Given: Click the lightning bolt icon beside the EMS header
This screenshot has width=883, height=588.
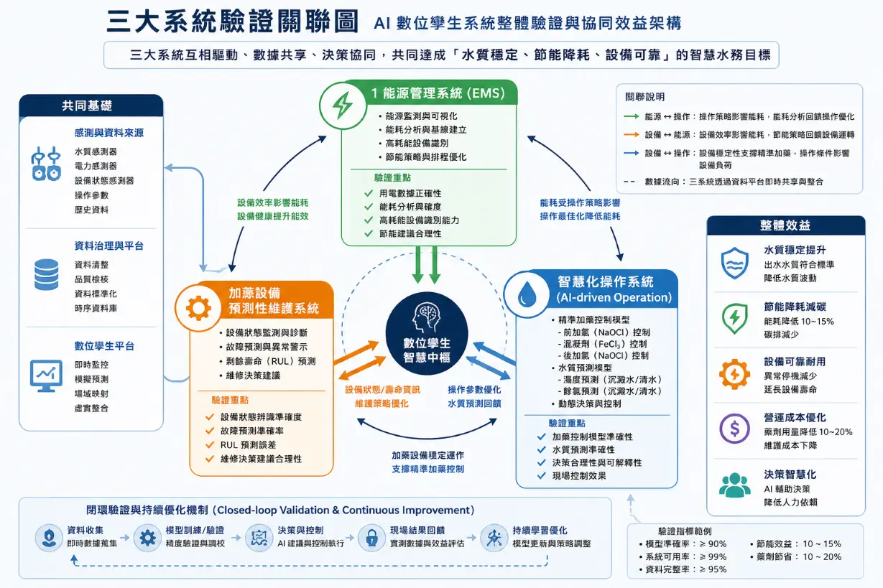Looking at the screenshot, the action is pos(343,105).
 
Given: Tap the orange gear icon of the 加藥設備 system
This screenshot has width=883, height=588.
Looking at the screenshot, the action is pos(198,308).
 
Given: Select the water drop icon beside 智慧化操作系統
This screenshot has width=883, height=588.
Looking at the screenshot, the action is pos(527,294).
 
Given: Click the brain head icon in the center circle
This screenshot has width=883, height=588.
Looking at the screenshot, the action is pos(427,317).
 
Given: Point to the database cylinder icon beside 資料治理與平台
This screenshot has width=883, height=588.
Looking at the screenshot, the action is pos(47,274).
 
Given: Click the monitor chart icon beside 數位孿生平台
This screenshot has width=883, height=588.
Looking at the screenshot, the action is pos(46,375).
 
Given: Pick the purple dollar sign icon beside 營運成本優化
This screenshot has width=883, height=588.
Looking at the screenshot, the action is pos(734,429).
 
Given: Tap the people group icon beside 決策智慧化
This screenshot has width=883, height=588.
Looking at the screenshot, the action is pos(734,485).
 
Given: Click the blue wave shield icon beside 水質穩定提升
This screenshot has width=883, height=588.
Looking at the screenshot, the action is pos(734,263).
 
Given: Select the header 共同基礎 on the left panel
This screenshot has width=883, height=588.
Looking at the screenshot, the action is pos(87,106).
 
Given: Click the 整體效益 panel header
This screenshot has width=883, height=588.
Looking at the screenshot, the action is pos(785,225).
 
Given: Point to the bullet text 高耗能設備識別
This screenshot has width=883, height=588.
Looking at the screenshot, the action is pos(417,144).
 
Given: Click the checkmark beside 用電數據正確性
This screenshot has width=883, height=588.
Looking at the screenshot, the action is pos(369,193).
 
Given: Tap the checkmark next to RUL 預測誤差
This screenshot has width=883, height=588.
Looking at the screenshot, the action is pos(210,444).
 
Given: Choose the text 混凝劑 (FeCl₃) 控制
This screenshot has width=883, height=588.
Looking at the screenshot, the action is pos(606,344).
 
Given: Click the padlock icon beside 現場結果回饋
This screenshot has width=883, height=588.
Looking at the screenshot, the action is pos(371,537).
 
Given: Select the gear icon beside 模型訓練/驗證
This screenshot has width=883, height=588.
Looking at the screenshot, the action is pos(147,537).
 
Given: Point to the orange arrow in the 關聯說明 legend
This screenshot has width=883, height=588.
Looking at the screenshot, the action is pos(632,135).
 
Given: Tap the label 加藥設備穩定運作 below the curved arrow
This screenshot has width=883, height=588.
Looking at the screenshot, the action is pos(427,455).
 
